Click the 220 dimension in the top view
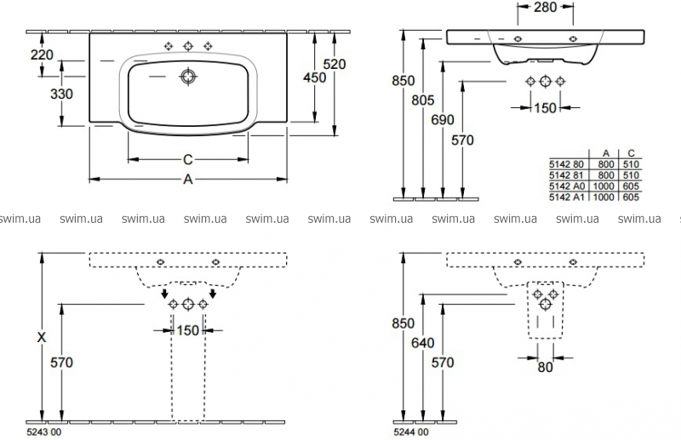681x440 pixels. pyautogui.click(x=42, y=55)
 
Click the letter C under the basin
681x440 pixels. pyautogui.click(x=187, y=159)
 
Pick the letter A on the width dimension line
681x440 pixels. pyautogui.click(x=188, y=179)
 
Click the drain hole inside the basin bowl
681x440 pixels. pyautogui.click(x=187, y=77)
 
